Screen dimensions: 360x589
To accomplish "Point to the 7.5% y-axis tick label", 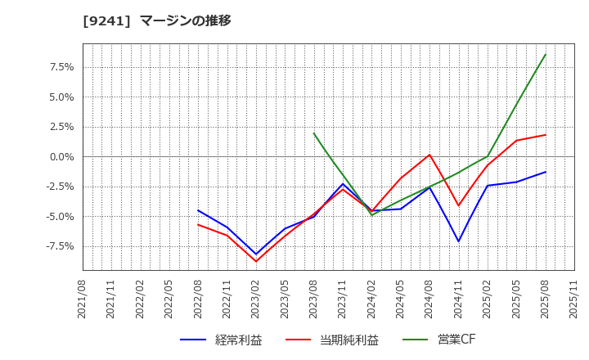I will click(x=61, y=67).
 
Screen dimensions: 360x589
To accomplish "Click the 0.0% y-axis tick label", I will click(x=61, y=156).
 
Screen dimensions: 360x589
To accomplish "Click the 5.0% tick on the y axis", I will click(x=61, y=97).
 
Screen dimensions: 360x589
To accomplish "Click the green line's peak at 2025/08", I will click(x=546, y=54).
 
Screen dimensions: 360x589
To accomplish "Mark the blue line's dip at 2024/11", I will click(x=458, y=241).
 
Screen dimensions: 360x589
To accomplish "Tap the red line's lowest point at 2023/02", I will click(x=256, y=261).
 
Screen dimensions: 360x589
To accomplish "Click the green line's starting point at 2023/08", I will click(x=313, y=133).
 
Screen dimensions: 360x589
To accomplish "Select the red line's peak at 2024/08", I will click(x=429, y=155).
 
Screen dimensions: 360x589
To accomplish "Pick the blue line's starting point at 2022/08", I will click(x=198, y=210).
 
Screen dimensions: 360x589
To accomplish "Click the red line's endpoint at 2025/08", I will click(x=546, y=135).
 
